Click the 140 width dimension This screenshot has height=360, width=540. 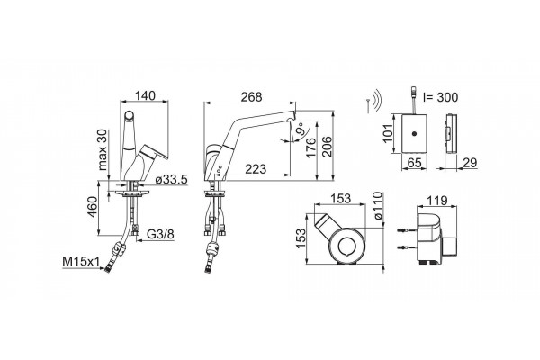[145, 95]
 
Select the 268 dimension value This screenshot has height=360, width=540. [251, 97]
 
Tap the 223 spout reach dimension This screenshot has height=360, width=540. [256, 169]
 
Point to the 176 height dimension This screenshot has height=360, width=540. [311, 148]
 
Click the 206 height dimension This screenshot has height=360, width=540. [327, 147]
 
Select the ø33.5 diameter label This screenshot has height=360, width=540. [171, 179]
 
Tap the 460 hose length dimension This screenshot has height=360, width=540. [93, 207]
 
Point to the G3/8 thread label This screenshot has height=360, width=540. [160, 234]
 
